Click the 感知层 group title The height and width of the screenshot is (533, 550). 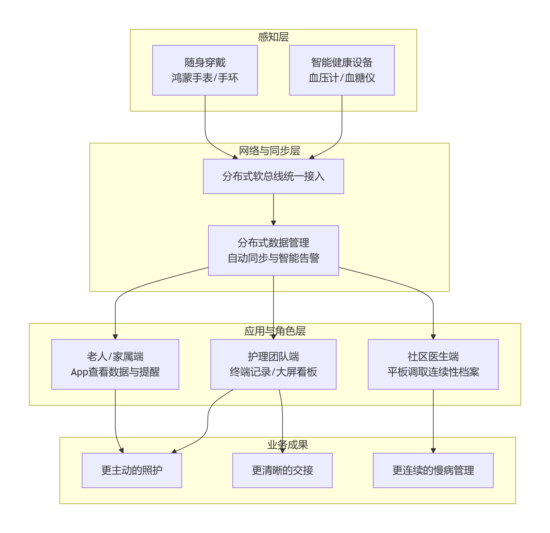[273, 37]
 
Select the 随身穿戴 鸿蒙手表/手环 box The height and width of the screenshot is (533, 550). [205, 70]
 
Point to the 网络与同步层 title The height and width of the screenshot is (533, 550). [269, 151]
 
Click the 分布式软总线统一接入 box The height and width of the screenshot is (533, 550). [273, 176]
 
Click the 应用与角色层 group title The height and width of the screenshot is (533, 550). [275, 331]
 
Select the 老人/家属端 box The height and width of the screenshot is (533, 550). [115, 364]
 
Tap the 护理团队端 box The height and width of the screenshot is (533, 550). [273, 364]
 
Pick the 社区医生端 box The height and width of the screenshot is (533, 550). [433, 364]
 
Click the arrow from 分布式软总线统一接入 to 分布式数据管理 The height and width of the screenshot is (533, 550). [273, 209]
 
